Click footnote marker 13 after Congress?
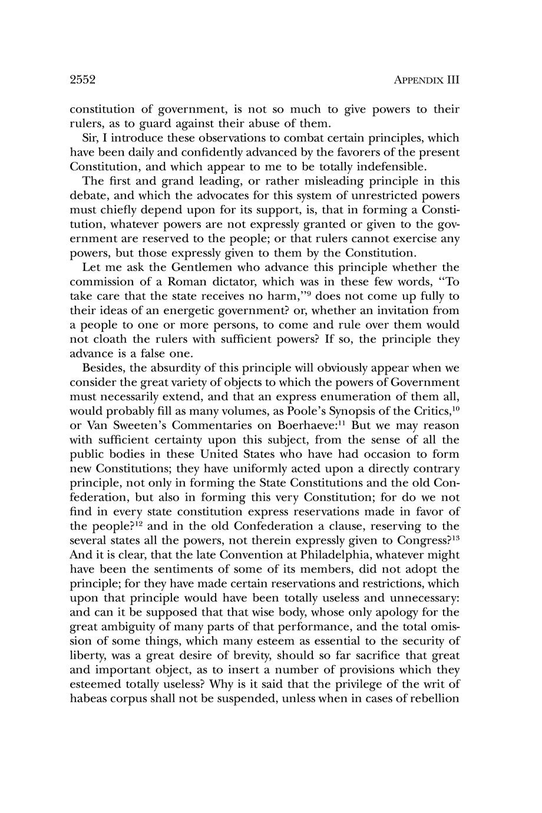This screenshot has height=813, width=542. [455, 537]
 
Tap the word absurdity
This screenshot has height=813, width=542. [166, 368]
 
